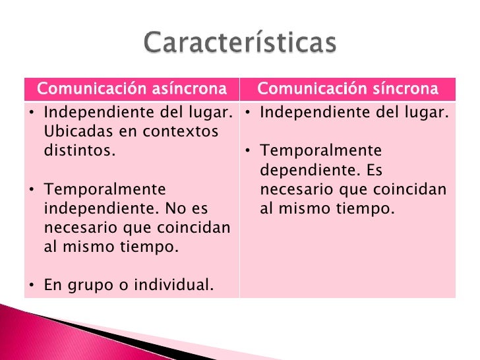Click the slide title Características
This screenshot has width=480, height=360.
(x=241, y=44)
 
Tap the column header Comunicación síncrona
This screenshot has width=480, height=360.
(x=347, y=89)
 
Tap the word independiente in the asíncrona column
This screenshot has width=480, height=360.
(x=90, y=209)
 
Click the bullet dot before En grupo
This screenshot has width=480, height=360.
(x=33, y=286)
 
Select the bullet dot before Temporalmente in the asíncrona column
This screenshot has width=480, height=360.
(x=33, y=191)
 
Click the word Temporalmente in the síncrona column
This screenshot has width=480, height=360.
(x=320, y=151)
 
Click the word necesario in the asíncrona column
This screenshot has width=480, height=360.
(x=80, y=227)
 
